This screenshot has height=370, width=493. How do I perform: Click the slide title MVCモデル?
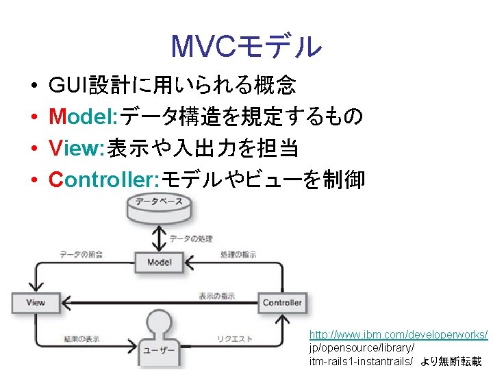246,47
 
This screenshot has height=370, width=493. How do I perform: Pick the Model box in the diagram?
159,262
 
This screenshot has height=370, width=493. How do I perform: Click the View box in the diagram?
36,302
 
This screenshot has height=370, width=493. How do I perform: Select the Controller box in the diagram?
282,302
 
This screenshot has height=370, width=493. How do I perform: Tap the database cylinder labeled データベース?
158,208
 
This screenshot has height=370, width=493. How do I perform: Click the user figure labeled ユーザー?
159,339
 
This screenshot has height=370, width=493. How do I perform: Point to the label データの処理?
191,238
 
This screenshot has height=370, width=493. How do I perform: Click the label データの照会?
81,254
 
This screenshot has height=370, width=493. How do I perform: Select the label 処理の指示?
238,254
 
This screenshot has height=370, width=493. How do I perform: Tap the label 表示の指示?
216,296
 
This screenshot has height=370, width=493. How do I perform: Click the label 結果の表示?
81,339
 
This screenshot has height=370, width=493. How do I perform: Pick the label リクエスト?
235,339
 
